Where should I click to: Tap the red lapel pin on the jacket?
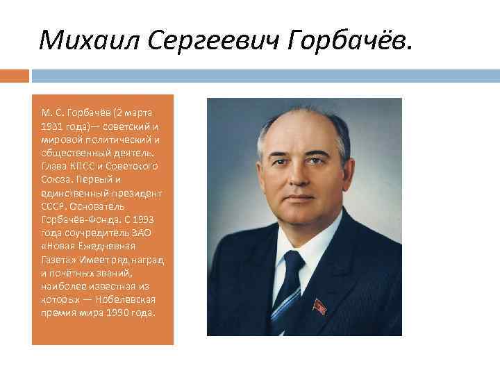pos(320,306)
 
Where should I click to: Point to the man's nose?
pos(298,182)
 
